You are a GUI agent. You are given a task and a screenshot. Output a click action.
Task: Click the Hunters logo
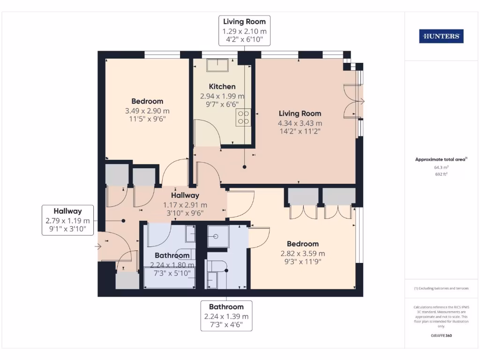point(441,36)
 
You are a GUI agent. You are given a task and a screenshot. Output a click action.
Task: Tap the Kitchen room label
point(222,86)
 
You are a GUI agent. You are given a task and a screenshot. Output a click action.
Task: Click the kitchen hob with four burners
point(243,117)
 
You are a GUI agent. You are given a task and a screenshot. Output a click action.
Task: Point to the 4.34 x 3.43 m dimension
point(300,123)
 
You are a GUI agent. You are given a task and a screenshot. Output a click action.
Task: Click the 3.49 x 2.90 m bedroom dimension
point(147,111)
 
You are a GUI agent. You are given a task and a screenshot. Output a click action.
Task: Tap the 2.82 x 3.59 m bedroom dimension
point(303,253)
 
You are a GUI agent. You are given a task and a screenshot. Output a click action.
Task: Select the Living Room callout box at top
point(244,31)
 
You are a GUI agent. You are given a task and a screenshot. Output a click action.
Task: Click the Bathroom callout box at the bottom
point(226,316)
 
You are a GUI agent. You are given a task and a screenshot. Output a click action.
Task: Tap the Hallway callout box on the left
point(67,220)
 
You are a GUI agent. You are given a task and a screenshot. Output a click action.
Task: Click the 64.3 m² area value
point(441,167)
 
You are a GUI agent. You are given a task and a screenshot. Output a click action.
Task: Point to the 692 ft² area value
point(441,174)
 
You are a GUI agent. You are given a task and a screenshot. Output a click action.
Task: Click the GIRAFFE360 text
point(441,336)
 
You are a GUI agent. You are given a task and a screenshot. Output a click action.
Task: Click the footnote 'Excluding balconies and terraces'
point(441,288)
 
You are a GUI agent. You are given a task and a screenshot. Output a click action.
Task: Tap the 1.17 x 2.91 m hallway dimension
point(185,205)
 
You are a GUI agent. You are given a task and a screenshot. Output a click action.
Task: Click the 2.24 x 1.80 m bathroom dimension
point(172,264)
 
